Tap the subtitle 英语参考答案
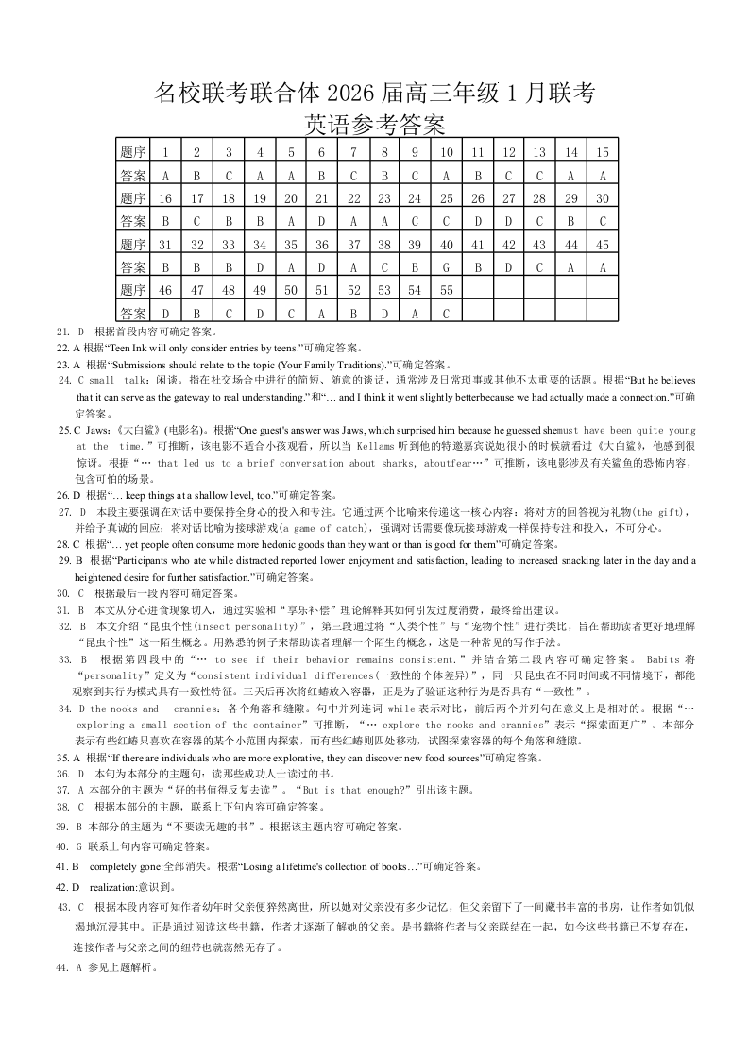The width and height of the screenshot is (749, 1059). pyautogui.click(x=374, y=125)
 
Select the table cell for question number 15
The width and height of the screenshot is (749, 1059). pyautogui.click(x=602, y=152)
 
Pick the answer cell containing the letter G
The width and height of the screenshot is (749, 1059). pyautogui.click(x=446, y=267)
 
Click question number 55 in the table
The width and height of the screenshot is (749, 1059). pyautogui.click(x=446, y=290)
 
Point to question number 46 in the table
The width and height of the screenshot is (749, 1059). pyautogui.click(x=165, y=290)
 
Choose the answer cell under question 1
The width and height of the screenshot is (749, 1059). pyautogui.click(x=165, y=176)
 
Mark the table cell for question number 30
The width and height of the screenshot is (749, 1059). pyautogui.click(x=602, y=198)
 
